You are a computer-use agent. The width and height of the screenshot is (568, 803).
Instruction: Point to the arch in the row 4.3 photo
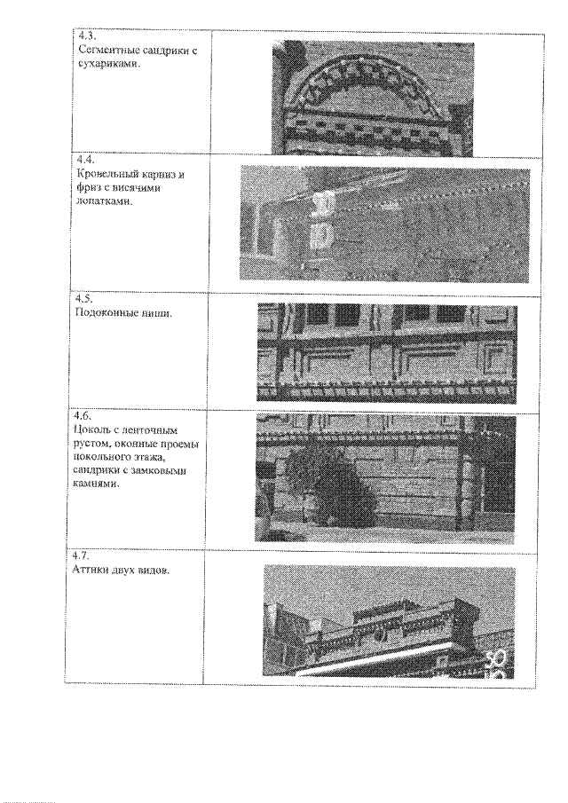[x=372, y=75]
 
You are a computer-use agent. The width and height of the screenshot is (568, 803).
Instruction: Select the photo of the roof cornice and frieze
[x=384, y=224]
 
